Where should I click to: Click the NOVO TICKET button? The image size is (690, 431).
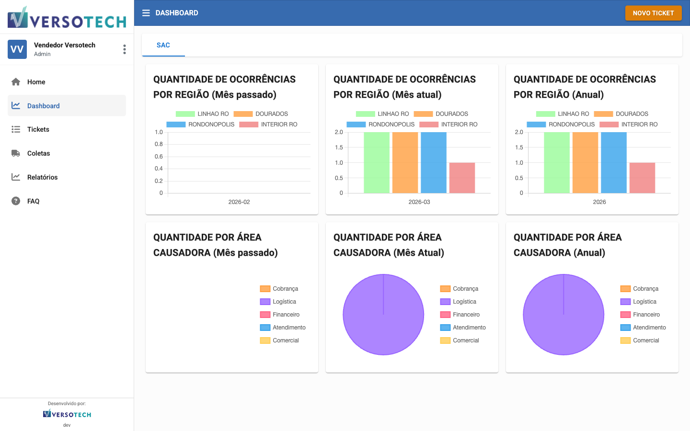(x=653, y=13)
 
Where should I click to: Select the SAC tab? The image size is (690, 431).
(x=163, y=45)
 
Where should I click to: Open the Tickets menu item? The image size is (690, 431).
(x=38, y=129)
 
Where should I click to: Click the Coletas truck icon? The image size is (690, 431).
(x=16, y=153)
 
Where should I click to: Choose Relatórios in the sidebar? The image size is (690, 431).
(x=42, y=177)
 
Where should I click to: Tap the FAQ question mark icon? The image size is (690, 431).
(x=16, y=201)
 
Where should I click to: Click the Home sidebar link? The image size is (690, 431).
(x=36, y=82)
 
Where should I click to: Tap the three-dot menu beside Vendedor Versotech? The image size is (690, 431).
(x=125, y=49)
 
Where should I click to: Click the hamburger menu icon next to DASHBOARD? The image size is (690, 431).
(x=146, y=13)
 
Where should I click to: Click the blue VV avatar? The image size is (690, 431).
(x=17, y=49)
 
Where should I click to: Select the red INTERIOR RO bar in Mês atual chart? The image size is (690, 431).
(x=462, y=178)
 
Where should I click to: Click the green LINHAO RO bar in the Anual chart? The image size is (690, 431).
(x=557, y=163)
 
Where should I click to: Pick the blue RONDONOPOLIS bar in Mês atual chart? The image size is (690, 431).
(x=434, y=163)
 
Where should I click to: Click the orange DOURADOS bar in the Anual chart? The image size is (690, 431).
(x=585, y=163)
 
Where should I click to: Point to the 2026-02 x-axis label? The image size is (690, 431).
(x=239, y=202)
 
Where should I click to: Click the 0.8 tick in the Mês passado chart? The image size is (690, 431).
(x=159, y=144)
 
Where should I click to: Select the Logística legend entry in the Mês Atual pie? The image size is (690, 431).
(x=464, y=302)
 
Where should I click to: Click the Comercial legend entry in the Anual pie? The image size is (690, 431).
(x=645, y=340)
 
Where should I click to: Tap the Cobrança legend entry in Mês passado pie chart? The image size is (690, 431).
(x=285, y=289)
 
